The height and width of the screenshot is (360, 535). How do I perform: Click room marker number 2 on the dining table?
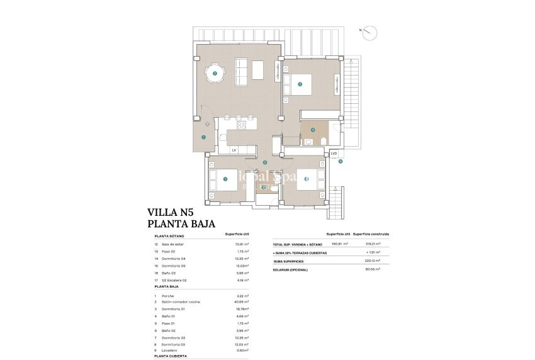(x=215, y=74)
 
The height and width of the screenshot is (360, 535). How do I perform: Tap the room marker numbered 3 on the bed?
(x=300, y=84)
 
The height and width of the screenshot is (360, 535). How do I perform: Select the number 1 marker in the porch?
(x=204, y=137)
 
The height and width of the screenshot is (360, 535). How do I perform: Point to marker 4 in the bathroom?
(x=313, y=130)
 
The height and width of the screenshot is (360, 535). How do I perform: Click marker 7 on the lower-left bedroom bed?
(x=225, y=179)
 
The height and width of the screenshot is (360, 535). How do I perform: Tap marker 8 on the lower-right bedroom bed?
(x=307, y=179)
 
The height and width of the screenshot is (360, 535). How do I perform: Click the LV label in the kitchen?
(x=234, y=150)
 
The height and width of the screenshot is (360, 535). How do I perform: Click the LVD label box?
(x=334, y=154)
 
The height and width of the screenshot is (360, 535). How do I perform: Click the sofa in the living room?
(x=240, y=69)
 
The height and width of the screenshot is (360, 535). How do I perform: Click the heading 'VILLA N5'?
(x=172, y=213)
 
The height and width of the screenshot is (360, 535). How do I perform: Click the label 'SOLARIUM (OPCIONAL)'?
(x=291, y=268)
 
